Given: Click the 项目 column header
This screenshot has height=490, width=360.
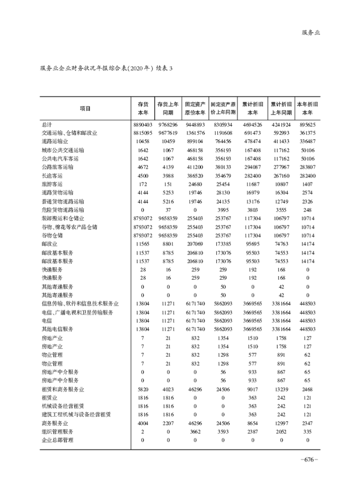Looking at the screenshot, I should (85, 108).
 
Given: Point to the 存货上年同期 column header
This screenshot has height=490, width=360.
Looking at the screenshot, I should (168, 108).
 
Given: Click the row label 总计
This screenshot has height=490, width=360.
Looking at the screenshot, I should (46, 124).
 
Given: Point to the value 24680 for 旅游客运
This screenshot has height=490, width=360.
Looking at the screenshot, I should (195, 184).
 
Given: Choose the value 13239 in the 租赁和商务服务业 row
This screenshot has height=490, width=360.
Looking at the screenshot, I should (281, 389).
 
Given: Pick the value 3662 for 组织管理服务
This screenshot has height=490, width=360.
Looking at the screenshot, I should (195, 431).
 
